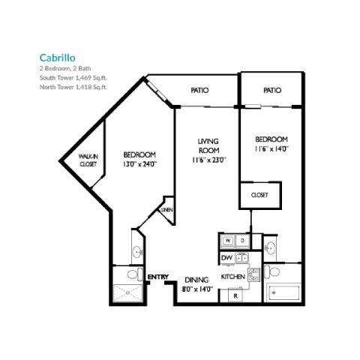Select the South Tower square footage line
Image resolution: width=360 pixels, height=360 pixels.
coord(73,78)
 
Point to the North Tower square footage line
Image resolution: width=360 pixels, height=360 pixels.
coord(73,87)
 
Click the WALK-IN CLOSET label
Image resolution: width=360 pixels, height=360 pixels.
coord(89,160)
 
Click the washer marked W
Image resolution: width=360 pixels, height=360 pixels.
coord(228,239)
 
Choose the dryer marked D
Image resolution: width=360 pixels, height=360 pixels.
coord(244,239)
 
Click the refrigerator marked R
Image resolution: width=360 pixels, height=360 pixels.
coord(235,295)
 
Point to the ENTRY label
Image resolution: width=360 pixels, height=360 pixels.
coord(157,277)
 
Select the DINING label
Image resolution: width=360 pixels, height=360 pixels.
coord(197,277)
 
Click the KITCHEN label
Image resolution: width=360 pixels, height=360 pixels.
coord(233,277)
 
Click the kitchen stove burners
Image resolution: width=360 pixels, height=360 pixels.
coord(241,258)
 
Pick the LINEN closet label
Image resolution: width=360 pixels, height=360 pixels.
coord(166,211)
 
